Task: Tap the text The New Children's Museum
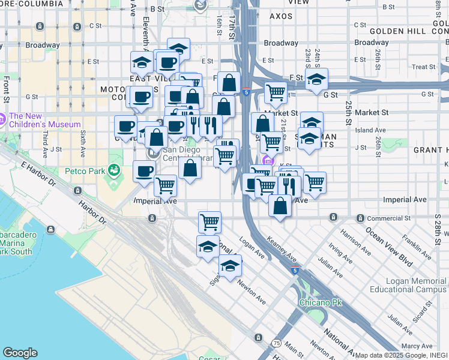(x=44, y=120)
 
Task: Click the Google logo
(x=20, y=352)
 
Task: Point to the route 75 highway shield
(x=276, y=343)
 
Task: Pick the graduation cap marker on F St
(x=316, y=79)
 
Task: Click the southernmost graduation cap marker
(x=229, y=265)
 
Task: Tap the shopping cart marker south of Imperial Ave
(x=209, y=222)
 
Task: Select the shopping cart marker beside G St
(x=275, y=92)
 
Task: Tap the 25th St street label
(x=349, y=112)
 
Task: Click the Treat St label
(x=423, y=67)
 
